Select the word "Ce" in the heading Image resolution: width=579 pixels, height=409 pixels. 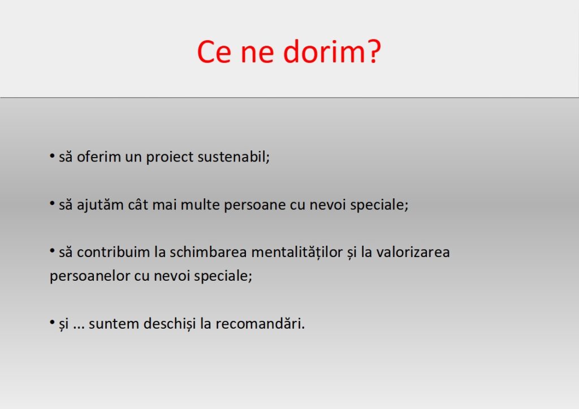(214, 52)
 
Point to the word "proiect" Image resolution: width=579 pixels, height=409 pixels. (170, 158)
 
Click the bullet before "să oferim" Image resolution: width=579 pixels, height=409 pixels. (52, 156)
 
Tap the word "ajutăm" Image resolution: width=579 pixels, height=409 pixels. (100, 205)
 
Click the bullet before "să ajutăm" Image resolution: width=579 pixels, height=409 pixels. (52, 203)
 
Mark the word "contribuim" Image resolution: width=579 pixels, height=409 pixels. (113, 252)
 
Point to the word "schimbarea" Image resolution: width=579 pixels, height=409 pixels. (208, 252)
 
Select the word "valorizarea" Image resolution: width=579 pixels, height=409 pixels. (413, 253)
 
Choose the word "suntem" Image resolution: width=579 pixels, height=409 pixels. (114, 324)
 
